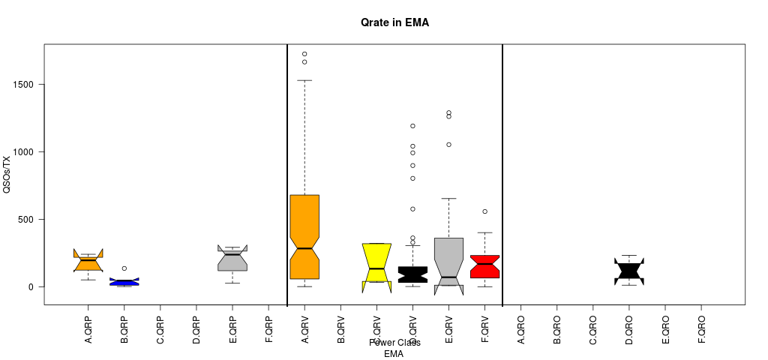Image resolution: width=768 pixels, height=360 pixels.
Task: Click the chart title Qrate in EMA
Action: coord(394,23)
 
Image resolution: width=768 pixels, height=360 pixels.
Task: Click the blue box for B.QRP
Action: coord(124,282)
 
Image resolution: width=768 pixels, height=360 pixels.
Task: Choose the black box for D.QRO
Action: coord(629,271)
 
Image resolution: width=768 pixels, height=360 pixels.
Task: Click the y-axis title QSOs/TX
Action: coord(7,174)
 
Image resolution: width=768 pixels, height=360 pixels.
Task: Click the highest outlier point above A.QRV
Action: coord(304,54)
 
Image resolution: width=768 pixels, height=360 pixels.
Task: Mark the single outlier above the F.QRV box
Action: coord(484,211)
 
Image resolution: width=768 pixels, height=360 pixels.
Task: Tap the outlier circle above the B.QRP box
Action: coord(124,268)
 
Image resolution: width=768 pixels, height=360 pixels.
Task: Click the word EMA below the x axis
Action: coord(394,354)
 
